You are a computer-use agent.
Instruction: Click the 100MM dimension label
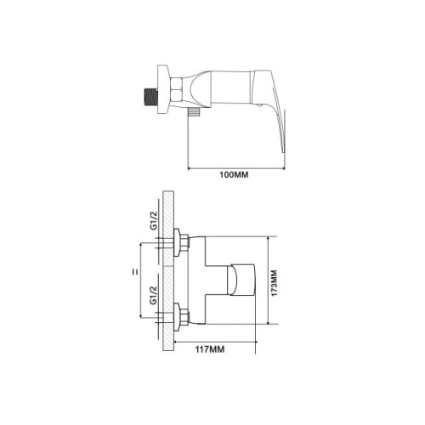pyautogui.click(x=234, y=175)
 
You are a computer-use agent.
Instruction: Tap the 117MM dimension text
pyautogui.click(x=210, y=349)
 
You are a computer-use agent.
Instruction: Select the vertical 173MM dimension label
pyautogui.click(x=274, y=283)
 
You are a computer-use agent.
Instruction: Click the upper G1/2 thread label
pyautogui.click(x=154, y=221)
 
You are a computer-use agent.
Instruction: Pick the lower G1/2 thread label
pyautogui.click(x=154, y=295)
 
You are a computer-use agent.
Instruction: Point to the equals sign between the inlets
pyautogui.click(x=135, y=272)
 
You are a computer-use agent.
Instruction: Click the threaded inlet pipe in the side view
pyautogui.click(x=150, y=98)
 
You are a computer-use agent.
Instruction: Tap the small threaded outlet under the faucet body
pyautogui.click(x=194, y=111)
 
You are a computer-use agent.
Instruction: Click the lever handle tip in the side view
pyautogui.click(x=283, y=150)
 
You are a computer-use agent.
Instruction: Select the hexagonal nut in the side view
pyautogui.click(x=177, y=89)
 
